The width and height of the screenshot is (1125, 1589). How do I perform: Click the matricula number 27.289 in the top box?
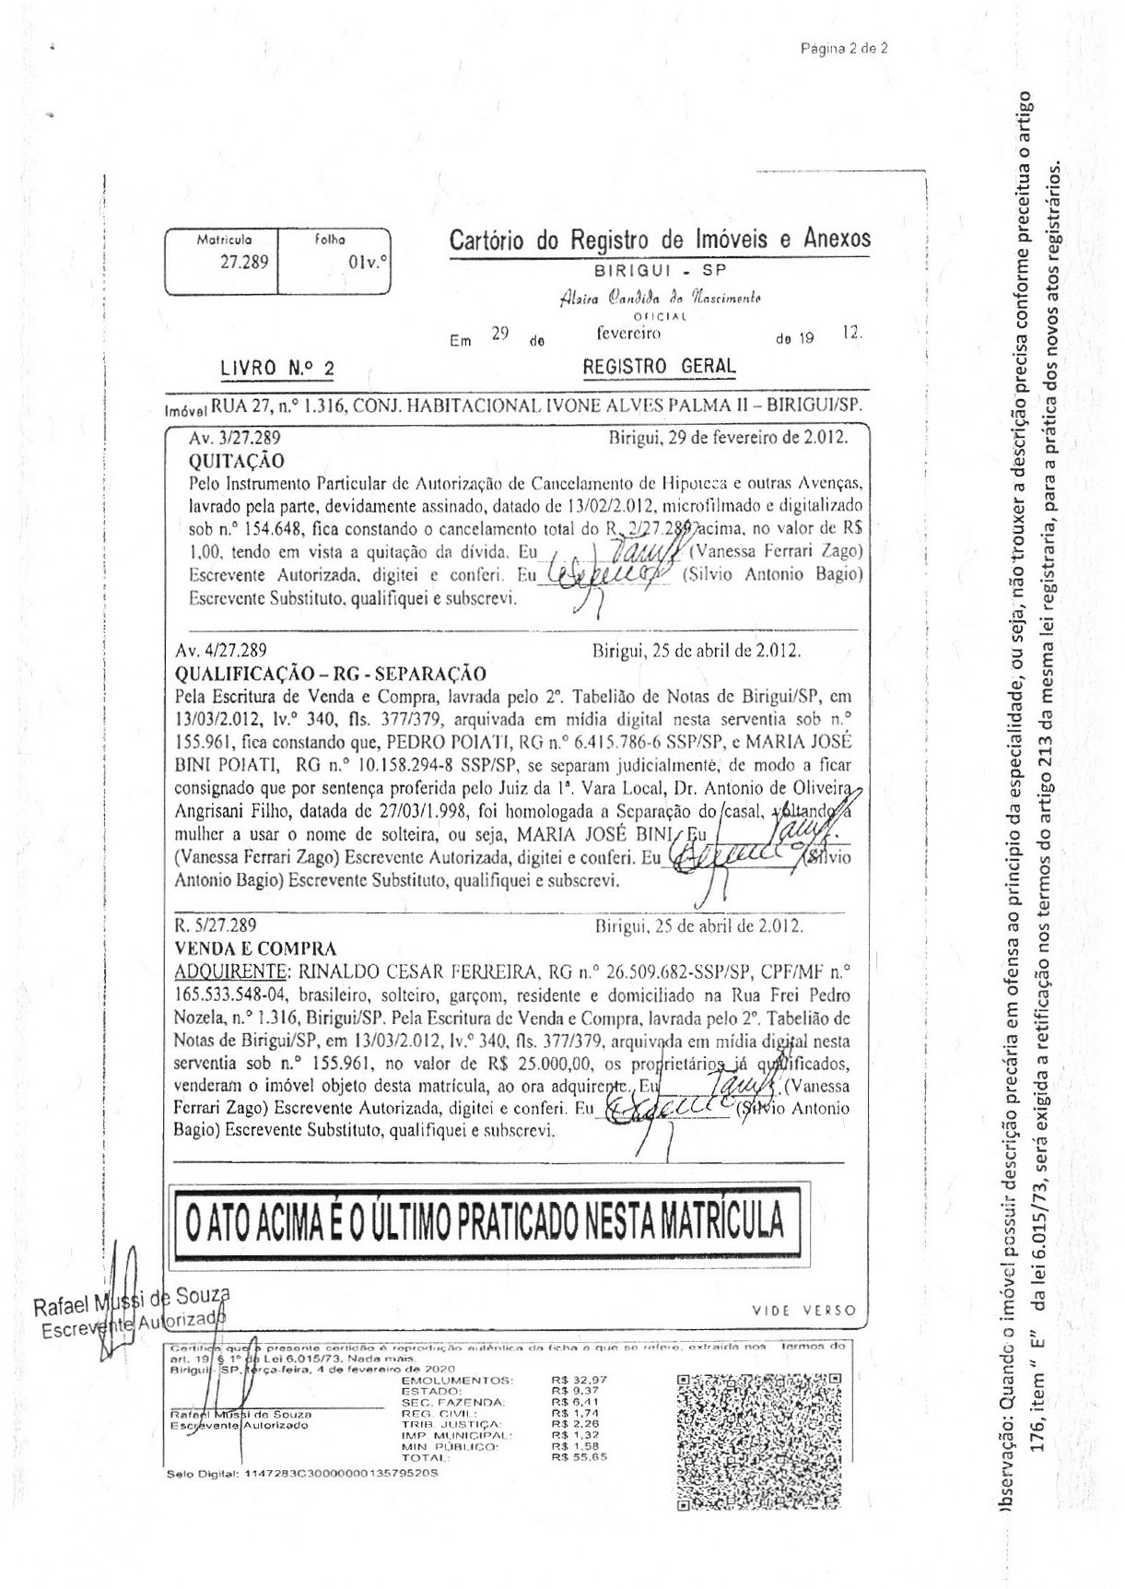(x=243, y=262)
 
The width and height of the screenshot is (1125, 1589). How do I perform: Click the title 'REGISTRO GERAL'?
(x=660, y=366)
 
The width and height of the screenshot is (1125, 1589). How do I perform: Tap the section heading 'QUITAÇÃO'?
(x=237, y=460)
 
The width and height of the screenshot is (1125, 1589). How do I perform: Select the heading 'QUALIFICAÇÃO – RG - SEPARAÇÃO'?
(x=329, y=673)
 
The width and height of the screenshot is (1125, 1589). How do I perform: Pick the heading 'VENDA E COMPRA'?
(x=254, y=948)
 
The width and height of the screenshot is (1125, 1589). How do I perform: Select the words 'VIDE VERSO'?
(x=803, y=1310)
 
